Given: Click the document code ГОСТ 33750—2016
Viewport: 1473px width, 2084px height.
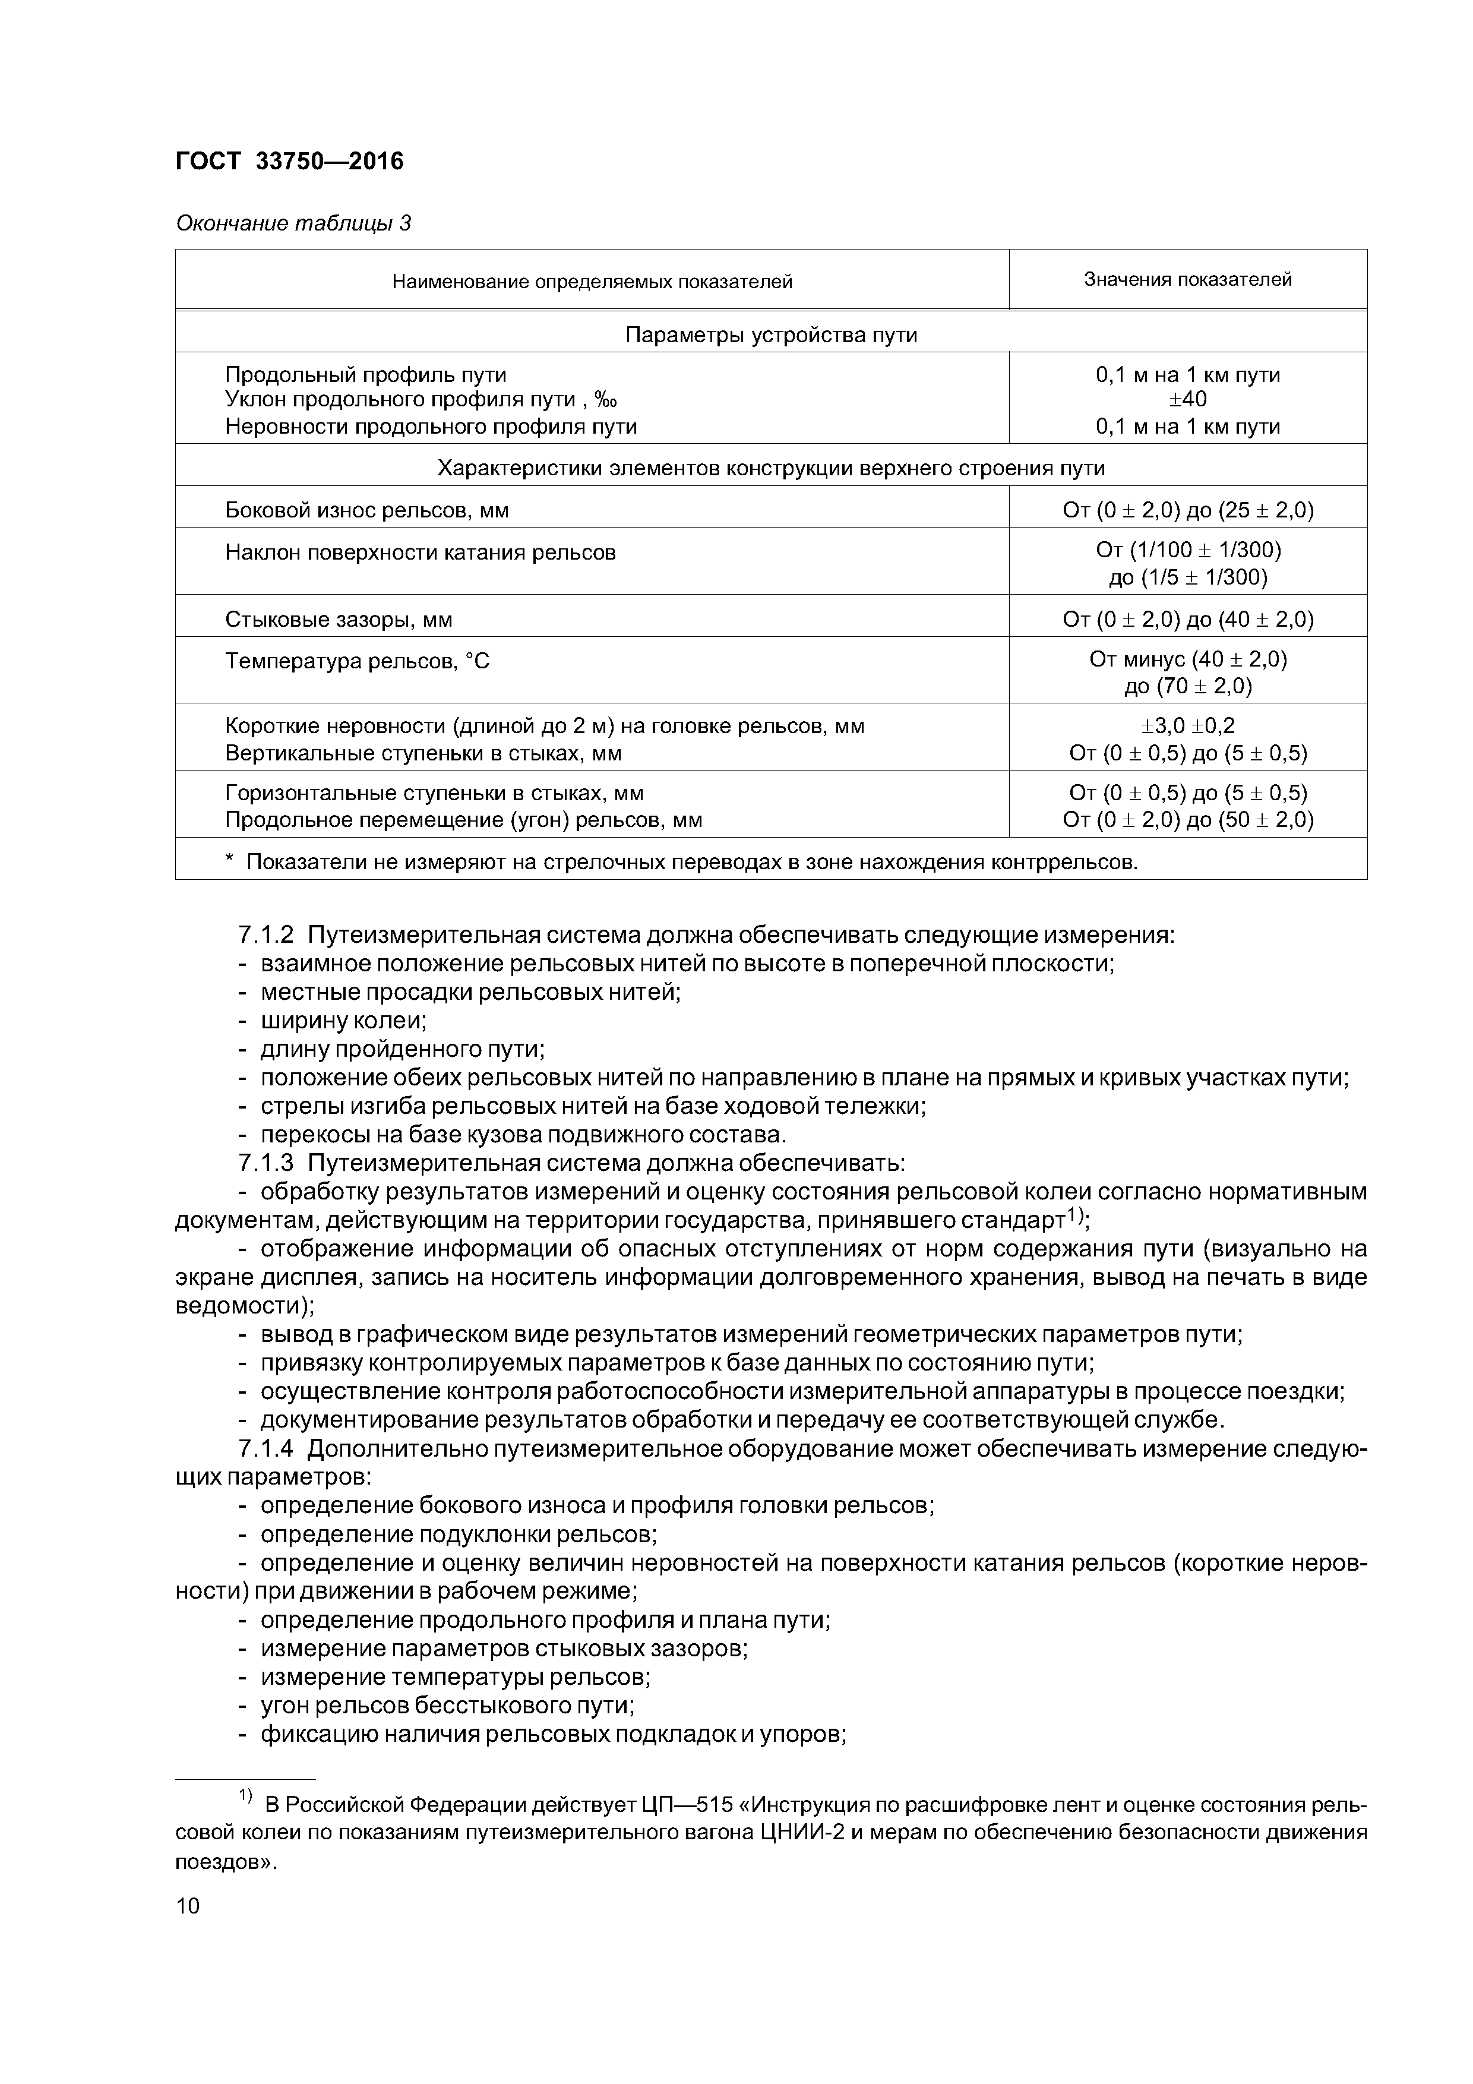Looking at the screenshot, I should coord(289,162).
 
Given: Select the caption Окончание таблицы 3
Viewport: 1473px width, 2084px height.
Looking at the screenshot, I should coord(292,223).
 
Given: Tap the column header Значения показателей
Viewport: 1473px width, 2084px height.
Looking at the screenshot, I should coord(1187,280).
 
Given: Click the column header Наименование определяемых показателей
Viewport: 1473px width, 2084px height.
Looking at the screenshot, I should coord(592,282).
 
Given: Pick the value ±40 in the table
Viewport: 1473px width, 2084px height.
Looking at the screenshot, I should coord(1188,399).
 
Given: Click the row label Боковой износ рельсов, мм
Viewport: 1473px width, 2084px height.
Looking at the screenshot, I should coord(366,510).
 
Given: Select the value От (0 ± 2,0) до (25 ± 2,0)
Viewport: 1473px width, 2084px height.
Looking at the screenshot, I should coord(1188,510).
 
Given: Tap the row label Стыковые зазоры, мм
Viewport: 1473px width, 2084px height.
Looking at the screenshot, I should coord(339,620).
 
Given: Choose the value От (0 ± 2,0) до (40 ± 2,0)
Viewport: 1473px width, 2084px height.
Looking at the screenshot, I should coord(1188,620).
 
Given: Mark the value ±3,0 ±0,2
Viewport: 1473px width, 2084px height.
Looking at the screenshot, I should coord(1188,726).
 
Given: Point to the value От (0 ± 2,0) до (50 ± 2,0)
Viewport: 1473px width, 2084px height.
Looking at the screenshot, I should coord(1188,820).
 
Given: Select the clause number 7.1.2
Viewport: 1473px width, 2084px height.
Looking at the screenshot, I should coord(266,935).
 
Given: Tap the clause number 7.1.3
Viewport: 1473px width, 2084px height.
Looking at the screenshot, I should coord(266,1164).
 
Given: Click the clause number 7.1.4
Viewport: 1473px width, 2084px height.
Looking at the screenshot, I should coord(266,1450).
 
